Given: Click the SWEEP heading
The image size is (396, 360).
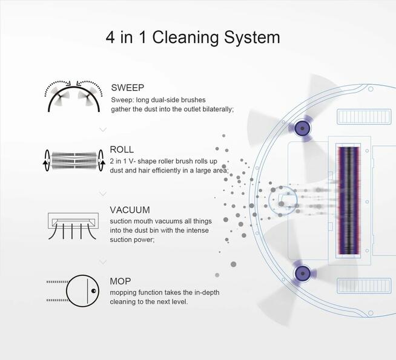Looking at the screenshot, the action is click(x=128, y=88).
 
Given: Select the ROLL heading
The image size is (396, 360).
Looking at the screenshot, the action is click(x=122, y=149).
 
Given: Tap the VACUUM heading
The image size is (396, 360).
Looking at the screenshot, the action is click(x=130, y=209).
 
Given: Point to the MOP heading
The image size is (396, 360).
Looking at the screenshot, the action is click(x=120, y=281).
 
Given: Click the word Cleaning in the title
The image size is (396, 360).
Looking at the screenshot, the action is click(x=185, y=38).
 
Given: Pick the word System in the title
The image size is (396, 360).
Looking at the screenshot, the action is click(x=252, y=38).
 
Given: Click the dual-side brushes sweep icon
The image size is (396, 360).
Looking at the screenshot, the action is click(x=73, y=96).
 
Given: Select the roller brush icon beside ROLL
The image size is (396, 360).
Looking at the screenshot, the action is click(x=74, y=160).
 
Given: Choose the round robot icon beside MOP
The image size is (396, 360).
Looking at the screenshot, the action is click(x=73, y=291).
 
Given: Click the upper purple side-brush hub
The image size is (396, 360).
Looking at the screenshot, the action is click(x=302, y=128).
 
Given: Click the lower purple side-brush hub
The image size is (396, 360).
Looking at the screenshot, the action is click(x=303, y=273).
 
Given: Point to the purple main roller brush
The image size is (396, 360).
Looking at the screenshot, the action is click(x=349, y=200).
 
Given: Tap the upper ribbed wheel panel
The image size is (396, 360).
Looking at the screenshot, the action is click(x=364, y=117).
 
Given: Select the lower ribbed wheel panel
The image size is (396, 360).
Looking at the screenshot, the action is click(x=364, y=286).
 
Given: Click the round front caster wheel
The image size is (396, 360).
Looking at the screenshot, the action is click(x=283, y=201).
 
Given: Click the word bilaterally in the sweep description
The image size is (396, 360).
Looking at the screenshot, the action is click(x=218, y=110).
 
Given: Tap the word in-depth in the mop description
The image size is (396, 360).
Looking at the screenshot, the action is click(x=207, y=293).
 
